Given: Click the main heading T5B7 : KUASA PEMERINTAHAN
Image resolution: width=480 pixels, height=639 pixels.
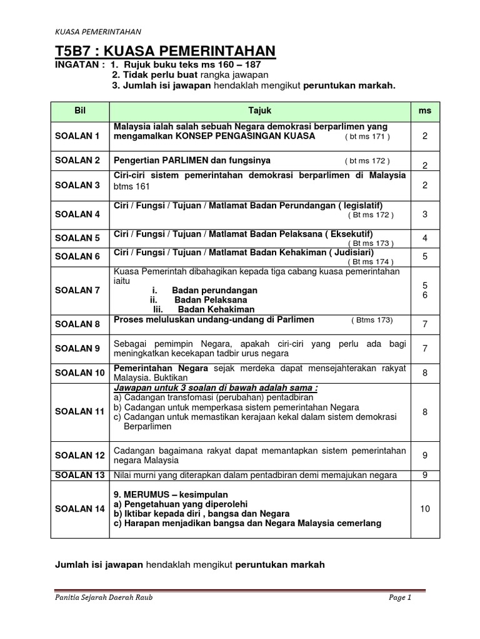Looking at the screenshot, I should (165, 51).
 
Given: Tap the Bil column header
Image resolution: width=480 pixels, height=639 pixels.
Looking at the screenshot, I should (79, 110).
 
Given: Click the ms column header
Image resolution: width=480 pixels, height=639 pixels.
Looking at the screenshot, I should (425, 110).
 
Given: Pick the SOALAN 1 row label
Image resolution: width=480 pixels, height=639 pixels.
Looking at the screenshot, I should (77, 136).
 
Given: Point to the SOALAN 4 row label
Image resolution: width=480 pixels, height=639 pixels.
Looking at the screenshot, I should (77, 214).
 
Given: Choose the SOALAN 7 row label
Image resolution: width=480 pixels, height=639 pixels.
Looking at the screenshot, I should (77, 290).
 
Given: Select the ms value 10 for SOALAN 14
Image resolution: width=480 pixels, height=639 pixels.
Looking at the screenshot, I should (425, 509).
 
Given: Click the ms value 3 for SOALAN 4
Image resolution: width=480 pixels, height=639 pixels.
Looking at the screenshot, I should (425, 214).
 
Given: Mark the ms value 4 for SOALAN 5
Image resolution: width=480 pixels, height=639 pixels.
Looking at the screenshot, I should (425, 238).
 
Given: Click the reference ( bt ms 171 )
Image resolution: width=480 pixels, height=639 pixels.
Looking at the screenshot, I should (367, 137).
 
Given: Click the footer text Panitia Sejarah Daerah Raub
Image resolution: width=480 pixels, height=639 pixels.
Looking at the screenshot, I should (104, 598).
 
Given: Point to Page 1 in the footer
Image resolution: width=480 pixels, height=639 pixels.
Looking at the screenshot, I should (400, 598).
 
